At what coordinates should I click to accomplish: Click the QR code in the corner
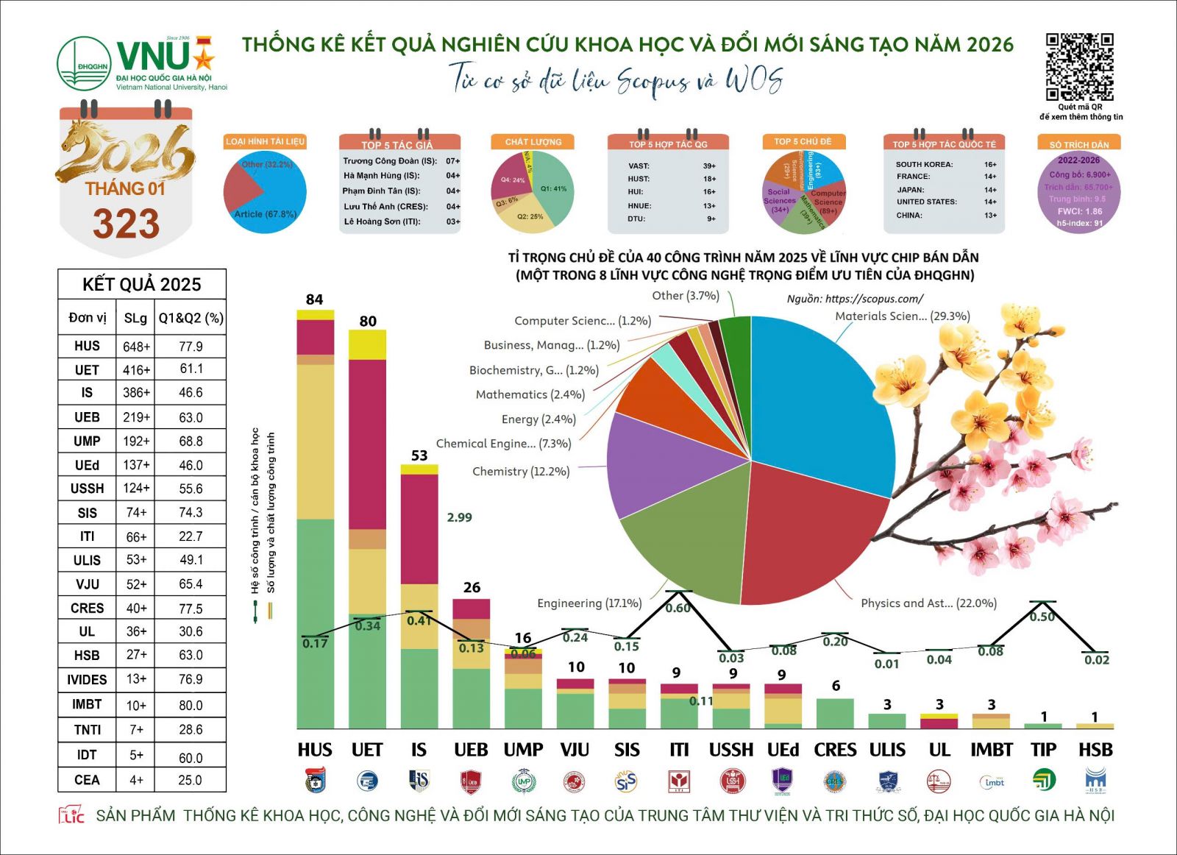pyautogui.click(x=1079, y=66)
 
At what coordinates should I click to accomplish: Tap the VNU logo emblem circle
pyautogui.click(x=83, y=64)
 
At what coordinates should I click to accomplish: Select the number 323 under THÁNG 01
pyautogui.click(x=126, y=224)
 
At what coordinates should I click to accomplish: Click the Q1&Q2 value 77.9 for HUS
pyautogui.click(x=191, y=347)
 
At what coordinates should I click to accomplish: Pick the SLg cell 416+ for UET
pyautogui.click(x=136, y=370)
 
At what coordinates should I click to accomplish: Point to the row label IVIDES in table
pyautogui.click(x=87, y=680)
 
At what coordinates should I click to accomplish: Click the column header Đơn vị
pyautogui.click(x=87, y=318)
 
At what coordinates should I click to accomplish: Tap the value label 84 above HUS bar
pyautogui.click(x=314, y=299)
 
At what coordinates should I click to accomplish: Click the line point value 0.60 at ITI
pyautogui.click(x=678, y=608)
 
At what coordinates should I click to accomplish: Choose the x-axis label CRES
pyautogui.click(x=835, y=750)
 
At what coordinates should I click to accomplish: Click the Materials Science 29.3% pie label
pyautogui.click(x=902, y=316)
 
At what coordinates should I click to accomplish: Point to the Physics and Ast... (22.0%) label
pyautogui.click(x=928, y=603)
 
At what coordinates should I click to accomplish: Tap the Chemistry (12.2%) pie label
pyautogui.click(x=521, y=472)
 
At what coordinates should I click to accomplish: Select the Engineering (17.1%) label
pyautogui.click(x=589, y=603)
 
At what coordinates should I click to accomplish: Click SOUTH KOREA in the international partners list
pyautogui.click(x=924, y=165)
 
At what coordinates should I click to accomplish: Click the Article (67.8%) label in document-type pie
pyautogui.click(x=265, y=214)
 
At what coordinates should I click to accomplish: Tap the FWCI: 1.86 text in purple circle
pyautogui.click(x=1079, y=211)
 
